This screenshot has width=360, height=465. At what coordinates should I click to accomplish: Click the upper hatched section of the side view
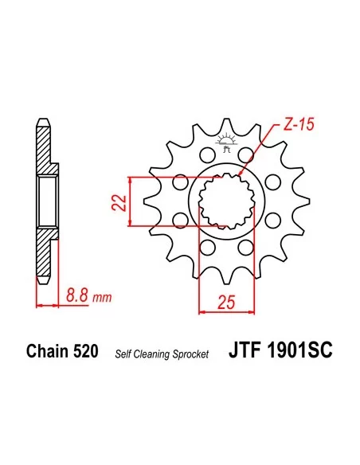(45, 151)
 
